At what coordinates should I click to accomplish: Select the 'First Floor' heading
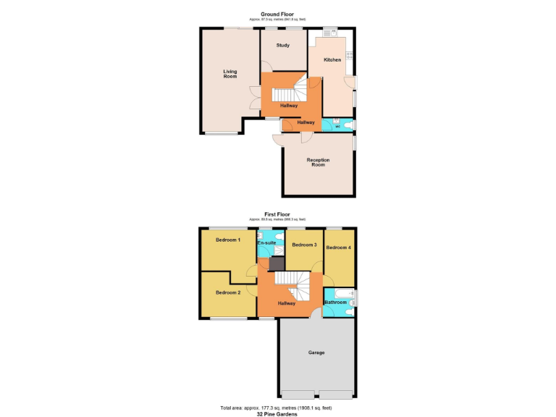pos(277,214)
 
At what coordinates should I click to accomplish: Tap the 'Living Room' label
pos(230,74)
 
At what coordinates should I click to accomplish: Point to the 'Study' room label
pos(282,46)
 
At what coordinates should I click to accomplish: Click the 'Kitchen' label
pos(332,60)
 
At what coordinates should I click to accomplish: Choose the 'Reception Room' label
pos(318,162)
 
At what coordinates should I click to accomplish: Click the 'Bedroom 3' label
pos(305,245)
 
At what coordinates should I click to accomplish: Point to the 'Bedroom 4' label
pos(338,248)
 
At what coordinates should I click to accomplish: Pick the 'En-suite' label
pos(266,243)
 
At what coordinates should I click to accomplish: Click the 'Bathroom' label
pos(335,302)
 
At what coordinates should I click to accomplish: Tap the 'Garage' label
pos(316,353)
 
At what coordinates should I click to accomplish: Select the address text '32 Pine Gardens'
pos(277,413)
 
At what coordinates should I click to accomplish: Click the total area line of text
pos(277,407)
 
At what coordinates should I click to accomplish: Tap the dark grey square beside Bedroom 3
pos(277,264)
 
